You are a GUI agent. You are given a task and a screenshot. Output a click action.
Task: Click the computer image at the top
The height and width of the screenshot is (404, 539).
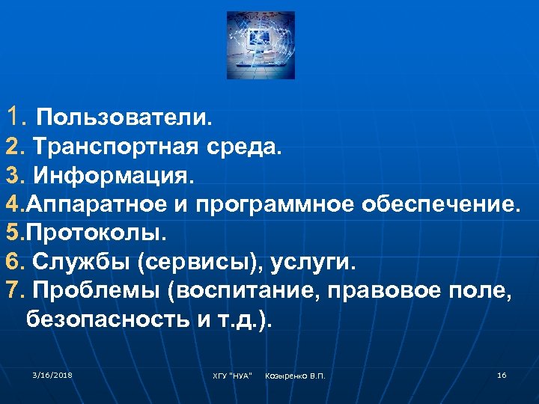click(261, 46)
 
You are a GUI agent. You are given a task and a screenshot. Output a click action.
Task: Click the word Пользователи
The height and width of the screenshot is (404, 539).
click(124, 117)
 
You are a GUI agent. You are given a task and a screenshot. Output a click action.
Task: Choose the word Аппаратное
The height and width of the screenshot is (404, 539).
click(103, 205)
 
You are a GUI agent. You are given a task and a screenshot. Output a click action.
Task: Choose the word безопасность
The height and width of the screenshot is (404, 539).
click(106, 320)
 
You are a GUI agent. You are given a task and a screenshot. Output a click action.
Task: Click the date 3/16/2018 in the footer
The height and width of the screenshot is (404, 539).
click(52, 374)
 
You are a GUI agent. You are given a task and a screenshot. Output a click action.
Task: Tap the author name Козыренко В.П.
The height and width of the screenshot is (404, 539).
click(295, 375)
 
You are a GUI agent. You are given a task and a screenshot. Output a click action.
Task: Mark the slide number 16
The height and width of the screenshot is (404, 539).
click(502, 374)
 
